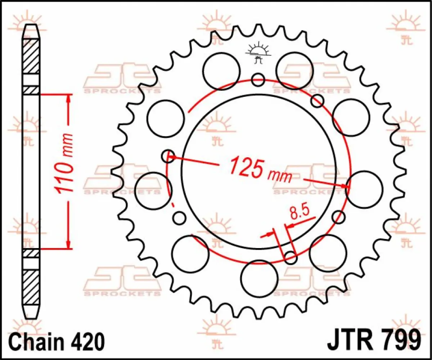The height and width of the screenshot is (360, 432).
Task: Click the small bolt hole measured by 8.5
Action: tap(291, 257)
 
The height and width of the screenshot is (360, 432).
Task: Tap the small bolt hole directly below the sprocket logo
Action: tap(258, 80)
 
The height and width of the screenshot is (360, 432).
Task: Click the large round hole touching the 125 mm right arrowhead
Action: tap(364, 190)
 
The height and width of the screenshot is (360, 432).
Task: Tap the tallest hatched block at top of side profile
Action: tap(31, 56)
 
